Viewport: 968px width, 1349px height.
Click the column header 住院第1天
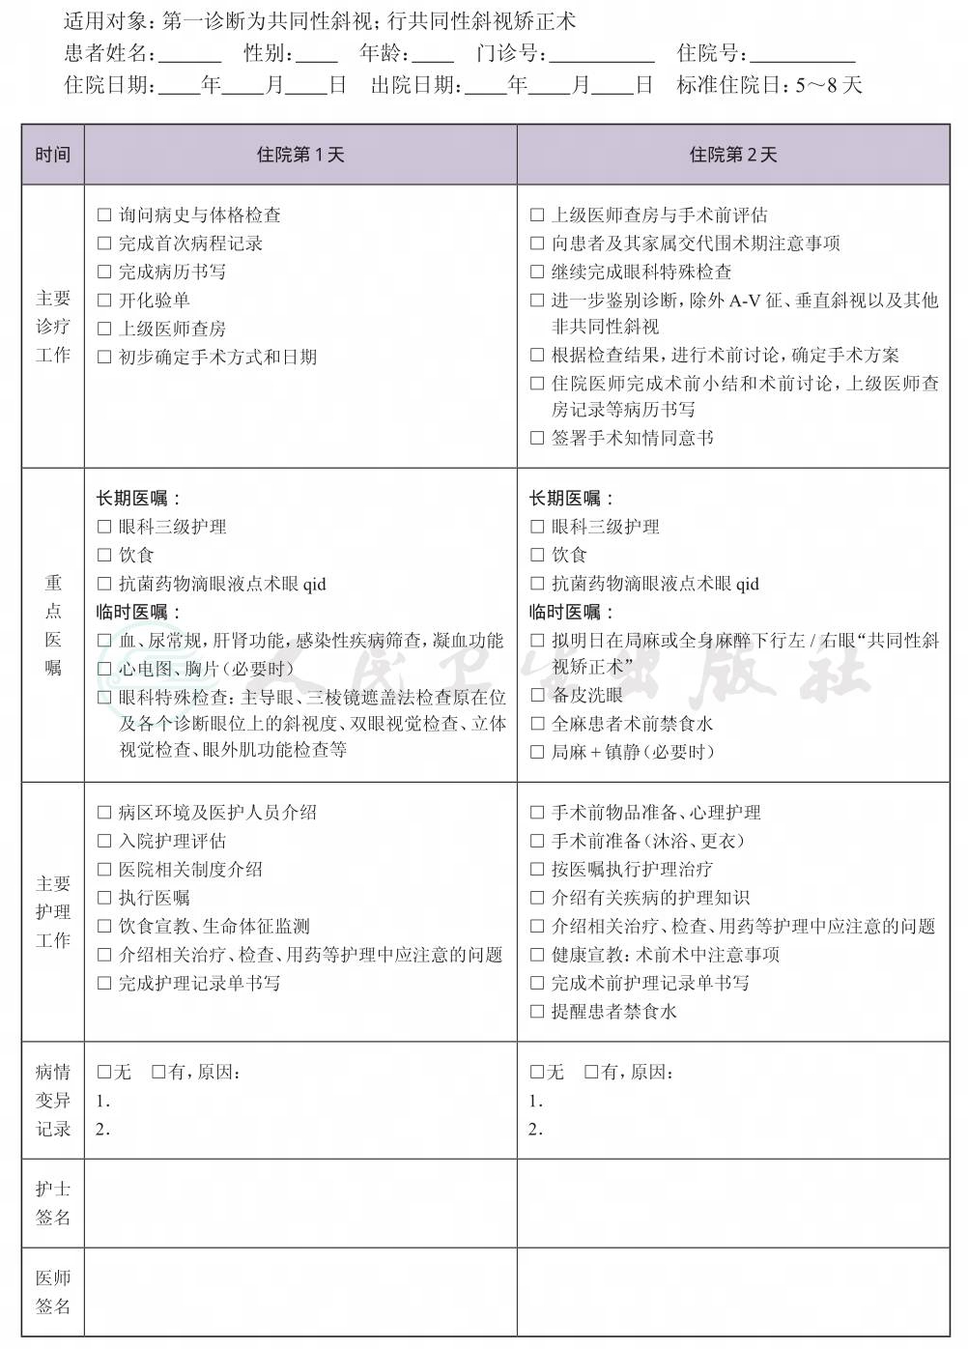pyautogui.click(x=300, y=155)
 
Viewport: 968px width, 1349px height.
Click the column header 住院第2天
pyautogui.click(x=733, y=155)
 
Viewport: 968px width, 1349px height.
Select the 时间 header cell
pyautogui.click(x=53, y=155)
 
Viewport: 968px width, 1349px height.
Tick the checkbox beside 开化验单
pyautogui.click(x=104, y=301)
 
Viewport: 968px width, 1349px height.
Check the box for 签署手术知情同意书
pyautogui.click(x=537, y=438)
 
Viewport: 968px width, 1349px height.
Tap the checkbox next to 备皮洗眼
pyautogui.click(x=537, y=695)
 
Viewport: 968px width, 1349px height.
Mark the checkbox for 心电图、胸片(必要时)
pyautogui.click(x=104, y=668)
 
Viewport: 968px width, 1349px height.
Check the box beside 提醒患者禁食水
pyautogui.click(x=537, y=1012)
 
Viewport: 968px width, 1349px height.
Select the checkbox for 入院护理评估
pyautogui.click(x=104, y=842)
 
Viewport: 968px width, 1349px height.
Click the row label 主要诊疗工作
pyautogui.click(x=53, y=327)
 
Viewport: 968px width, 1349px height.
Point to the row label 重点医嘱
pyautogui.click(x=53, y=624)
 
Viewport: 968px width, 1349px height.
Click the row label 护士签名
pyautogui.click(x=53, y=1203)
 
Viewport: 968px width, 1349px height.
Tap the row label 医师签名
pyautogui.click(x=53, y=1292)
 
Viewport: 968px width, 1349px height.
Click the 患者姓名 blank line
pyautogui.click(x=190, y=54)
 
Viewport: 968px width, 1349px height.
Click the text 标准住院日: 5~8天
pyautogui.click(x=769, y=85)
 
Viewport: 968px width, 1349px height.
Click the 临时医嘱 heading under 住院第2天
pyautogui.click(x=571, y=612)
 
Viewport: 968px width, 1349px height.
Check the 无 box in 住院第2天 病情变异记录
pyautogui.click(x=537, y=1072)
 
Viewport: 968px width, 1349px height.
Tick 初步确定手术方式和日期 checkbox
pyautogui.click(x=104, y=358)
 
